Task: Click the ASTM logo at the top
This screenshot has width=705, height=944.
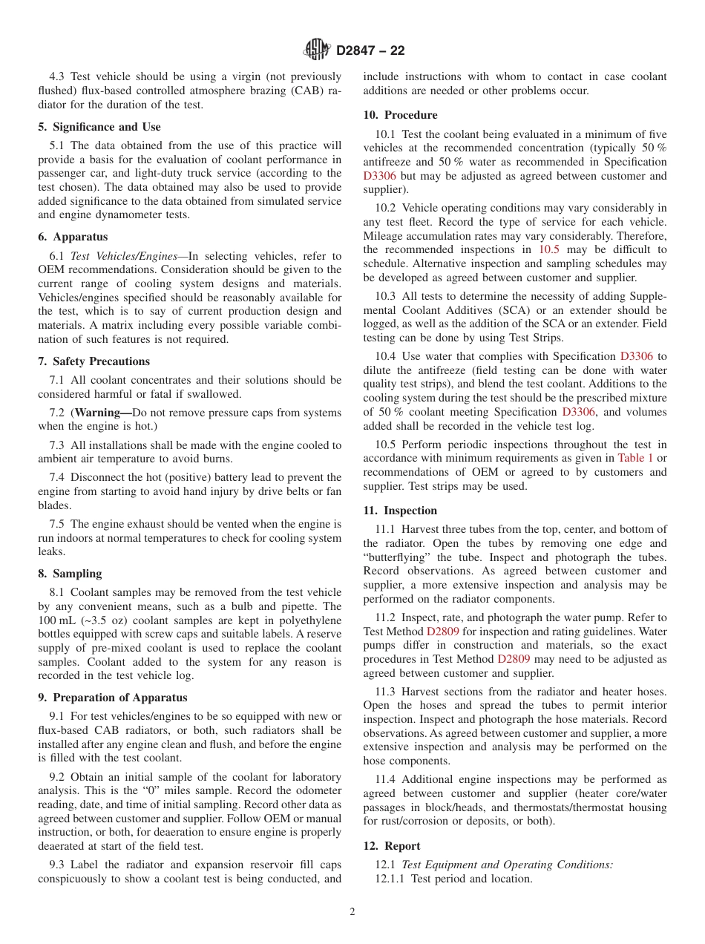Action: tap(317, 50)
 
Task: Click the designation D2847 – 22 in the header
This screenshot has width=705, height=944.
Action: tap(370, 51)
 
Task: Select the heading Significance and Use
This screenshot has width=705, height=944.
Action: tap(99, 127)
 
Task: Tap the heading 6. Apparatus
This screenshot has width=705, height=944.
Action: tap(73, 237)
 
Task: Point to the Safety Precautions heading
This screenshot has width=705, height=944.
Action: tap(94, 361)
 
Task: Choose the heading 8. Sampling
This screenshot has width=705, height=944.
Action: tap(70, 574)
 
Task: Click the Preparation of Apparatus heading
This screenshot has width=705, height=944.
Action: tap(113, 698)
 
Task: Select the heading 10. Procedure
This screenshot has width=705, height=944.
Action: tap(401, 115)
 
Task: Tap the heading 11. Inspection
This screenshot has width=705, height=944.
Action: tap(401, 511)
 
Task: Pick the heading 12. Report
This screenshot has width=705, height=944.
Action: tap(392, 846)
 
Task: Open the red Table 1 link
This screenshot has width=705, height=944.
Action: tap(635, 459)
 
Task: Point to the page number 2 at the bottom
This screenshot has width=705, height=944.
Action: tap(352, 912)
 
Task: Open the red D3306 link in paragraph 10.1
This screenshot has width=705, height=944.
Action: tap(379, 177)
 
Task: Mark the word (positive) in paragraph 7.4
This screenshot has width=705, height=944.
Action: tap(188, 478)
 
